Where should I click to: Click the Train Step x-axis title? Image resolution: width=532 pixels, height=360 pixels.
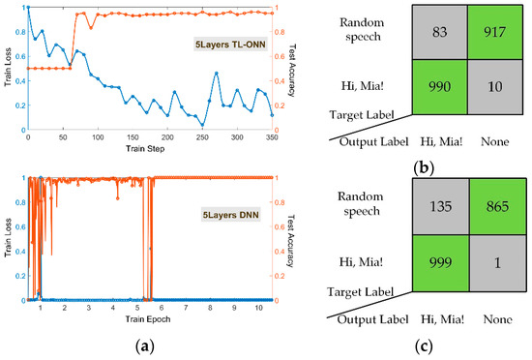coord(150,148)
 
